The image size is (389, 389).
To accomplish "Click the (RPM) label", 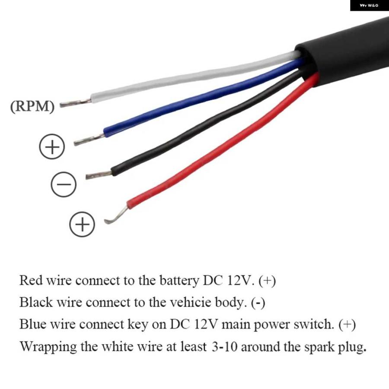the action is [32, 106].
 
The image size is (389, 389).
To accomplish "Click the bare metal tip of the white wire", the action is [75, 103].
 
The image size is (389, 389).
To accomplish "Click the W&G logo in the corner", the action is [369, 5].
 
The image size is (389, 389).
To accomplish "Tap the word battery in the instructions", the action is [179, 281].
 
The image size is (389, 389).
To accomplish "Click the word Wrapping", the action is [48, 347].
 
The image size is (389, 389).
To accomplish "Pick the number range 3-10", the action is [224, 347].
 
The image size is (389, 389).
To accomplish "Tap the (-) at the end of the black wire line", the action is [258, 303].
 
